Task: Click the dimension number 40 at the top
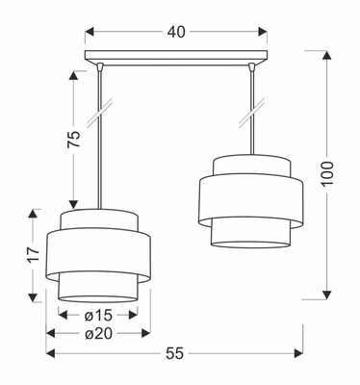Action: pos(175,32)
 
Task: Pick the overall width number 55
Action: pos(174,353)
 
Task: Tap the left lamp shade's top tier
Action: pos(100,219)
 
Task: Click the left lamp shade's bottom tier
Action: pos(100,287)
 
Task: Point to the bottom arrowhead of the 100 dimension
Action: pos(329,293)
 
